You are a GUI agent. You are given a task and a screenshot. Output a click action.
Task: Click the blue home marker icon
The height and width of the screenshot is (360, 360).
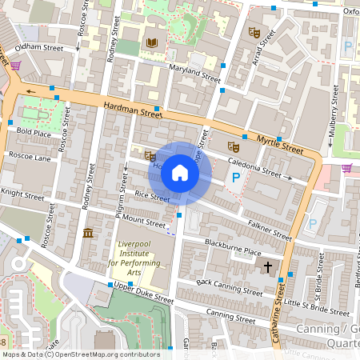coord(180,173)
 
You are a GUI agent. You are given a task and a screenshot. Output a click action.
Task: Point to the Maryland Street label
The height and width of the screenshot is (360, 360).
coord(194,74)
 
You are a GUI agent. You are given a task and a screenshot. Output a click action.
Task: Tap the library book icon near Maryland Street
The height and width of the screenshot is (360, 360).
coord(152,42)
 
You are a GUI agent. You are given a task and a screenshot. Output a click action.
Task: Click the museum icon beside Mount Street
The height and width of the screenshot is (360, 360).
coord(87,233)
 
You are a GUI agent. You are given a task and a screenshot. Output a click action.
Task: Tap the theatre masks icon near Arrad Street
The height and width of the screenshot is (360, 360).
coord(254,33)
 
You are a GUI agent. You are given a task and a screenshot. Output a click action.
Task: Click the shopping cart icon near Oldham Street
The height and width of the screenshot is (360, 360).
coord(15,66)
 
